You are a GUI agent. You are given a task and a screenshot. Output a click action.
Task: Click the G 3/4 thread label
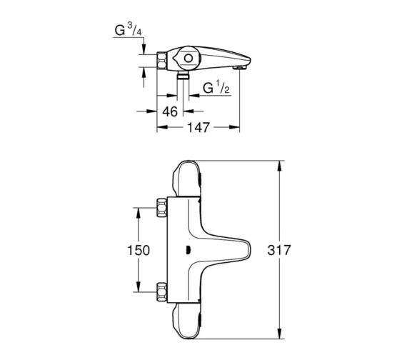point(129,30)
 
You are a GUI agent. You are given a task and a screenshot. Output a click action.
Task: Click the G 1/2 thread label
point(216,88)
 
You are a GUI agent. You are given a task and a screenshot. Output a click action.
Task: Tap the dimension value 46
point(170,111)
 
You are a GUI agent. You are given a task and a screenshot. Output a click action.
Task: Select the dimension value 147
point(199,127)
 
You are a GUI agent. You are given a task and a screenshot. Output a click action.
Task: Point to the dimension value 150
point(139,251)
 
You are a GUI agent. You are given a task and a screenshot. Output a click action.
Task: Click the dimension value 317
point(279,250)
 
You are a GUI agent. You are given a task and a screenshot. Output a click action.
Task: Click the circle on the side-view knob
point(189,58)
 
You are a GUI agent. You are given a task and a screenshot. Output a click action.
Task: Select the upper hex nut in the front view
point(161,208)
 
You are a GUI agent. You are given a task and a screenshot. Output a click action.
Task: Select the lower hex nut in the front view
point(161,292)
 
